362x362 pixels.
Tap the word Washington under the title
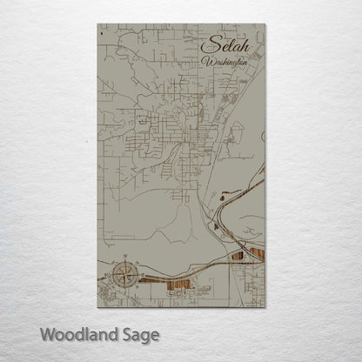point(225,63)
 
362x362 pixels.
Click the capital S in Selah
point(208,46)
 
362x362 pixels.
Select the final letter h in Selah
point(241,46)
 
